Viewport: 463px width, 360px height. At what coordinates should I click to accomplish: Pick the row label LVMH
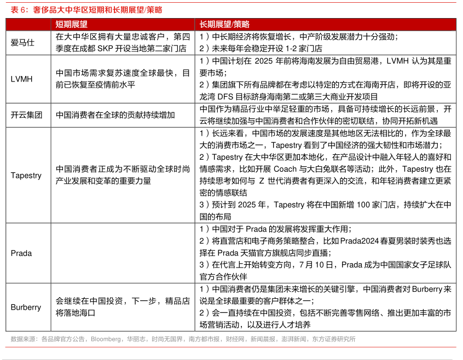click(22, 79)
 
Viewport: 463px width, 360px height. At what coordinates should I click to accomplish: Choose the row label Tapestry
click(26, 175)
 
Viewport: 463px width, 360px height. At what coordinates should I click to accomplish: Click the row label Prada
click(21, 253)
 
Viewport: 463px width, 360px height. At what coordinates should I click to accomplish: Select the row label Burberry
click(26, 307)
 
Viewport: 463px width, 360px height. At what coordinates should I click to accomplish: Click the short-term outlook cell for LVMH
click(123, 79)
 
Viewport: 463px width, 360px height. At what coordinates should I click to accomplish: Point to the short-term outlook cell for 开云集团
click(115, 115)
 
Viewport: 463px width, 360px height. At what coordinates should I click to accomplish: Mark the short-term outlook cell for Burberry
click(123, 307)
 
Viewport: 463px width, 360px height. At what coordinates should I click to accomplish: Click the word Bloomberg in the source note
click(107, 339)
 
